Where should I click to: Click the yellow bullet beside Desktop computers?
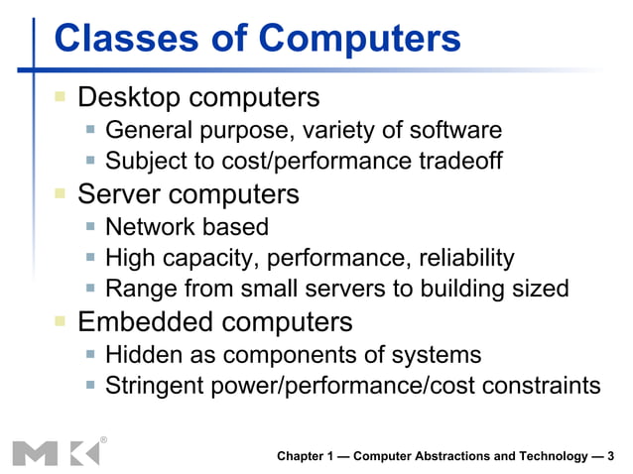pyautogui.click(x=61, y=97)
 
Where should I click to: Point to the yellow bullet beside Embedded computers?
pyautogui.click(x=61, y=320)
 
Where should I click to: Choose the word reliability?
pyautogui.click(x=461, y=258)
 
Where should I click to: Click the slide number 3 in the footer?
pyautogui.click(x=610, y=456)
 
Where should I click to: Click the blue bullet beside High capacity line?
pyautogui.click(x=90, y=259)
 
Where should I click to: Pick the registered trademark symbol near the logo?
pyautogui.click(x=104, y=437)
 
